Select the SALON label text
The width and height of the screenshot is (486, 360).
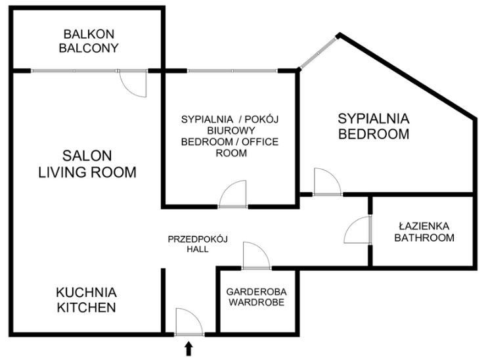87,156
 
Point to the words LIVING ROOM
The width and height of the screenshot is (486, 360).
87,173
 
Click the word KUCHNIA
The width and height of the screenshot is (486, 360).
86,292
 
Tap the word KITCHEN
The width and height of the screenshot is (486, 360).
86,307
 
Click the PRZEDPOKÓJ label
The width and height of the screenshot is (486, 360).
197,239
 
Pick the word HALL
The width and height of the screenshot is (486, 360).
197,250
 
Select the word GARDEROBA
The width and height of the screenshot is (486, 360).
257,292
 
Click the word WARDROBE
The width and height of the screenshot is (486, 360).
257,303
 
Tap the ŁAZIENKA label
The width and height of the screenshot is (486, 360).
424,226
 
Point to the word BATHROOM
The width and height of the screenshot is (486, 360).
424,238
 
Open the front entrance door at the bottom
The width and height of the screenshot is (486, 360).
190,322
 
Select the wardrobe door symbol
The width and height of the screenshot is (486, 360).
256,256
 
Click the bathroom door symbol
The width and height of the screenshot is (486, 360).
359,231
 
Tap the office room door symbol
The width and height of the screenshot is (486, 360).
232,195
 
